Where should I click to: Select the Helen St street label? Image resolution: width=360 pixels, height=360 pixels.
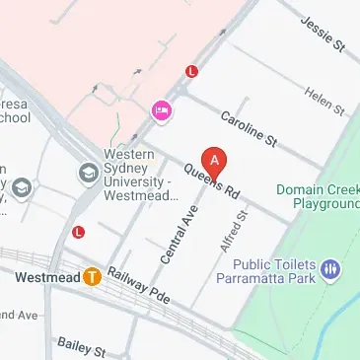[x=324, y=98]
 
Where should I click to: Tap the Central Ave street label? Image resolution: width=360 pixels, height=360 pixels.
[x=175, y=233]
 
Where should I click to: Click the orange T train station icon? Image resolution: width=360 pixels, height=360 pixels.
[x=93, y=276]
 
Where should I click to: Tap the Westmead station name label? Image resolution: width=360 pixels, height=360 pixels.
[x=47, y=277]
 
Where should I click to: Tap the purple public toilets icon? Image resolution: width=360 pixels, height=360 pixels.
[x=331, y=267]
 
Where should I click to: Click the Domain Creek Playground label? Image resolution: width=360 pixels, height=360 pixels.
[x=316, y=196]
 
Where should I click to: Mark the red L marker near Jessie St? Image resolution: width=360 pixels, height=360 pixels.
[x=192, y=71]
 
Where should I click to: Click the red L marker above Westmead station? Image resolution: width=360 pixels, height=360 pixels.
[x=79, y=232]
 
